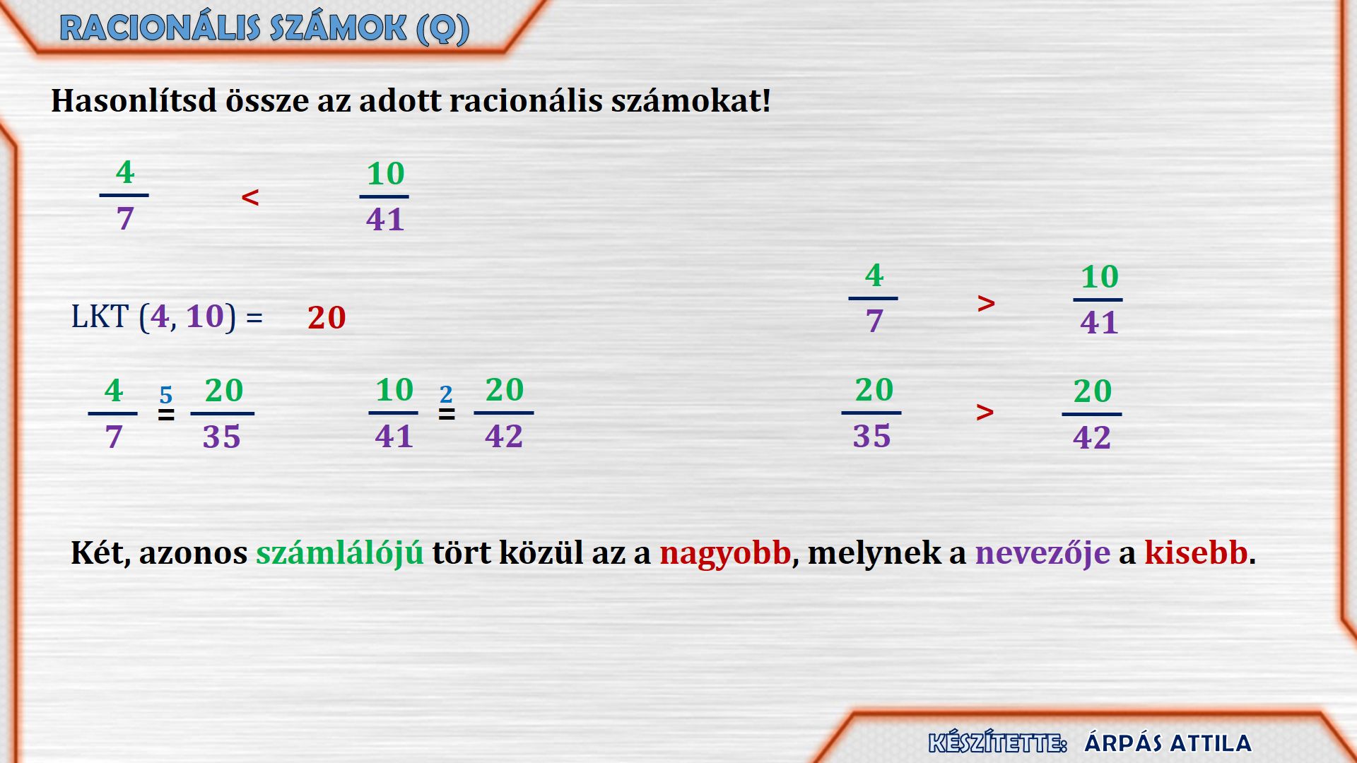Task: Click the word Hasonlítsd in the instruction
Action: click(134, 100)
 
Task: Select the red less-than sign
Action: click(250, 197)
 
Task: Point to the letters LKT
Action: click(100, 317)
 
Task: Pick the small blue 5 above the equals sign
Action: click(166, 394)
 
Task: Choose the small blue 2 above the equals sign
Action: click(446, 394)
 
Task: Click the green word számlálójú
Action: click(340, 552)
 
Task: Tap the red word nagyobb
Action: click(725, 552)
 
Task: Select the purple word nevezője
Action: click(1042, 552)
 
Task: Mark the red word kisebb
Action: click(1197, 552)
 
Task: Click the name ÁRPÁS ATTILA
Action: click(1168, 743)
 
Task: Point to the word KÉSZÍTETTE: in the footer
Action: click(998, 743)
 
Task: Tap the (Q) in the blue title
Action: click(442, 30)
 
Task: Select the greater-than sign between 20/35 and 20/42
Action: click(985, 412)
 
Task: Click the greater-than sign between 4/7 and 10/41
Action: click(987, 304)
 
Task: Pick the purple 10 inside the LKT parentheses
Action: click(205, 317)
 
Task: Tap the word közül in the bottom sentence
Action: click(541, 552)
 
